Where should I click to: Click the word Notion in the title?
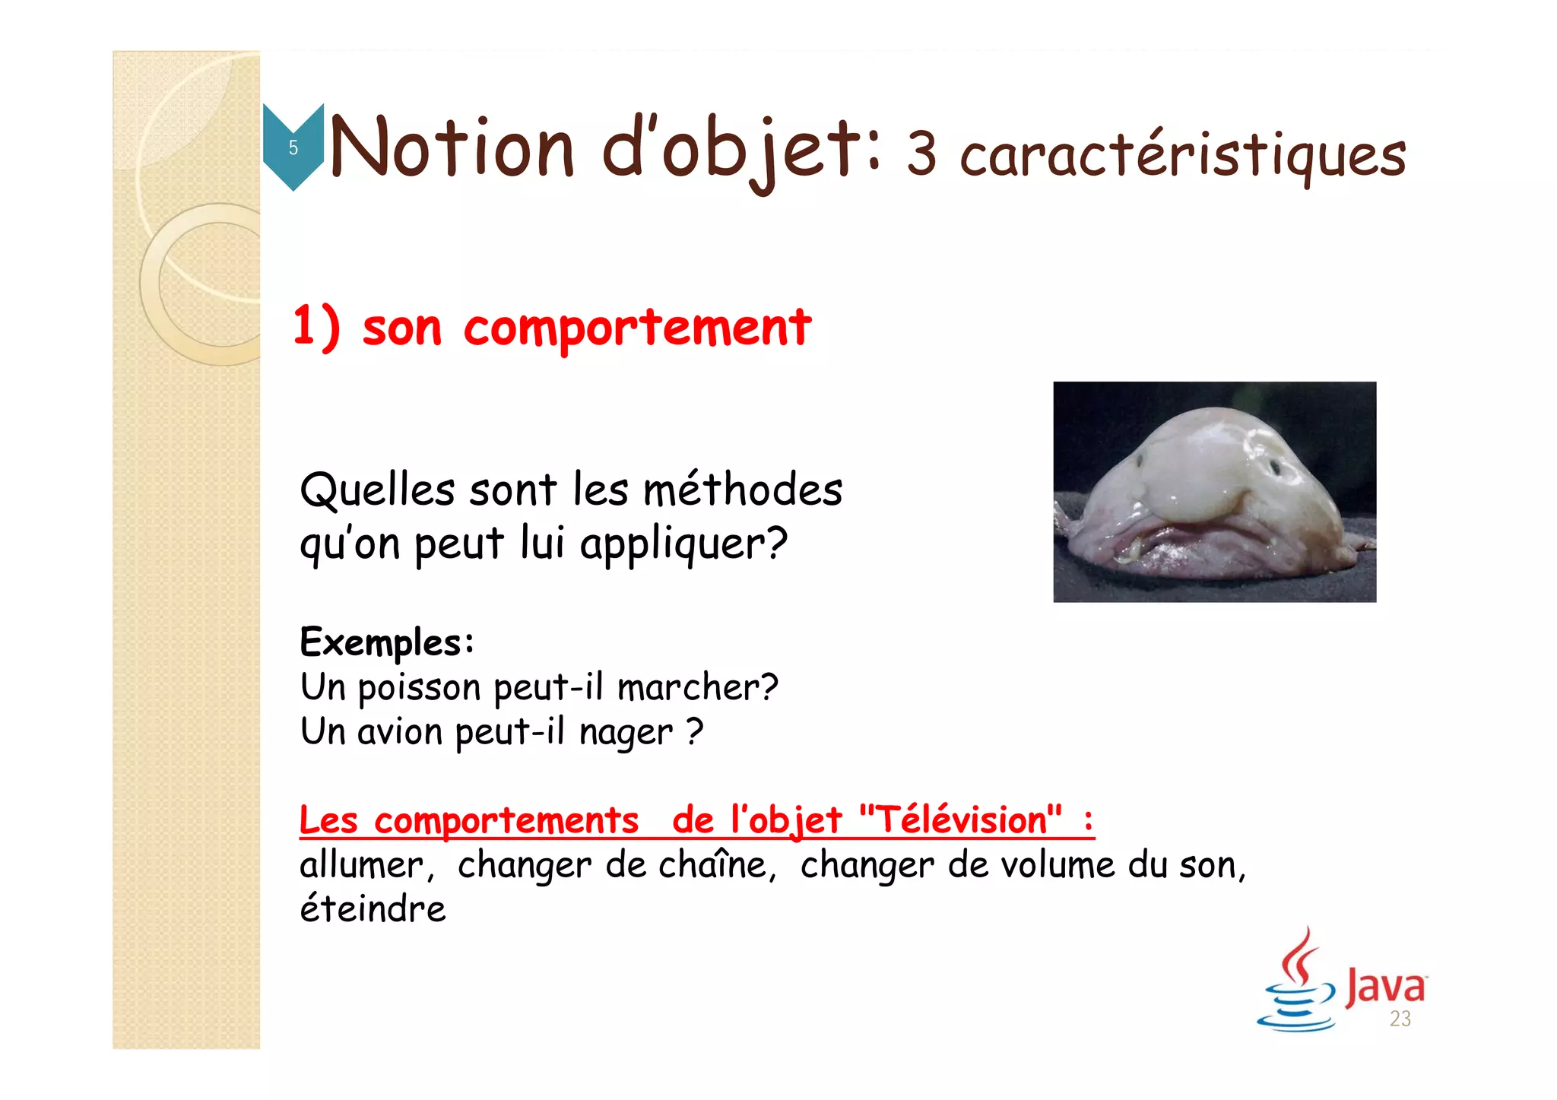coord(452,148)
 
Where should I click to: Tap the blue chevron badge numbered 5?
coord(293,147)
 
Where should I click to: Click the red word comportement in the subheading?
coord(637,328)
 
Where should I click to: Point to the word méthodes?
coord(743,490)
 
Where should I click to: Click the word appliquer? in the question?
coord(683,544)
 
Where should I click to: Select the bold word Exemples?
coord(387,642)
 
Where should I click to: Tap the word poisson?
coord(419,688)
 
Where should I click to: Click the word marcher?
coord(697,687)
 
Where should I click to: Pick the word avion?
coord(400,732)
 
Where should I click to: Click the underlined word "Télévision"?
coord(960,820)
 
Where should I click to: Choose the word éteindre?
coord(373,909)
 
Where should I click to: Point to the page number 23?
coord(1400,1019)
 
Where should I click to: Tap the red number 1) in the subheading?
coord(316,328)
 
